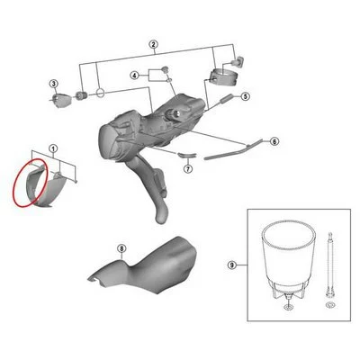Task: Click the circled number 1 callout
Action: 53,148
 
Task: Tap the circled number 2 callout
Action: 153,44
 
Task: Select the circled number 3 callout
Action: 54,84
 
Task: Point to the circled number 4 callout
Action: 135,76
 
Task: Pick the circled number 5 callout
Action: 245,96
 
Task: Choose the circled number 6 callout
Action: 274,141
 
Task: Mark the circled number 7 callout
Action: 188,169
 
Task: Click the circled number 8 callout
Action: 121,248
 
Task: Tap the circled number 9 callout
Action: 231,265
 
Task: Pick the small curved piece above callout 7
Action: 186,155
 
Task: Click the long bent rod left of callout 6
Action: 233,150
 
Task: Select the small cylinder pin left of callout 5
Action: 227,98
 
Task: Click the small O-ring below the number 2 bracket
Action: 100,92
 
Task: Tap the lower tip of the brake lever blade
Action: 160,220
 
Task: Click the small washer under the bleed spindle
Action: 329,306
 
